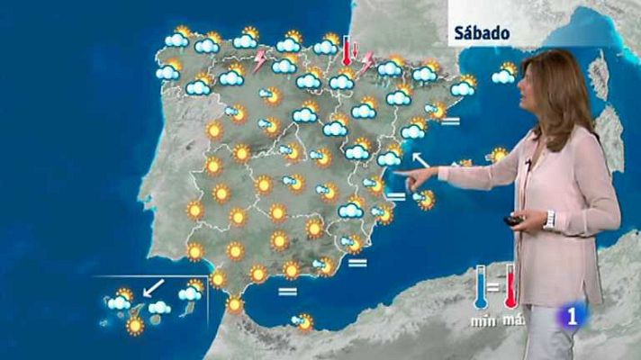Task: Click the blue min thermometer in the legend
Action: point(481,289)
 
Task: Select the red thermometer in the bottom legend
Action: point(510,287)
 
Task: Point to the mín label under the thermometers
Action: point(483,319)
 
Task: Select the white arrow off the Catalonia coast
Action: point(419,163)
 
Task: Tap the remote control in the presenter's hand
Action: point(513,219)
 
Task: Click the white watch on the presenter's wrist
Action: point(548,220)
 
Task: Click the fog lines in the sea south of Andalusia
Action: point(288,292)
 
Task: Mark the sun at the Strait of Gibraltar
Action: point(234,305)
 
